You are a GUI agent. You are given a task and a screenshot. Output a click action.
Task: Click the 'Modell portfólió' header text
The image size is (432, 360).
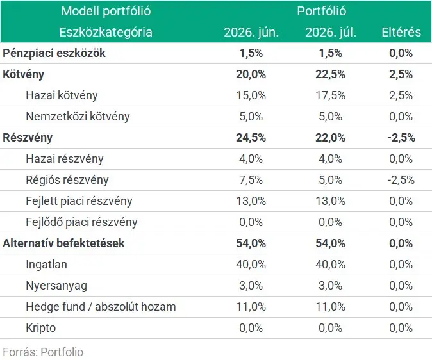point(106,11)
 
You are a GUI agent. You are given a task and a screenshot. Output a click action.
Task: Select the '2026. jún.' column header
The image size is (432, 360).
point(251,32)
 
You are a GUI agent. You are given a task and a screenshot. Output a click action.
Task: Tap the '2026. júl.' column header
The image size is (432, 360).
point(331,32)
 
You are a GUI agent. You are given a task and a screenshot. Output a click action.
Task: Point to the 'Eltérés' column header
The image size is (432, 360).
point(401,32)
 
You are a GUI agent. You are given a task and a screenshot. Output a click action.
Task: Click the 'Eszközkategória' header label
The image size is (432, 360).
point(106,32)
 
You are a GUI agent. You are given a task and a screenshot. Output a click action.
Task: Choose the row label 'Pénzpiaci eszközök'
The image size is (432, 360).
point(54,53)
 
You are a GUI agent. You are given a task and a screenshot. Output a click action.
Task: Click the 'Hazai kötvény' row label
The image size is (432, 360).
point(62,95)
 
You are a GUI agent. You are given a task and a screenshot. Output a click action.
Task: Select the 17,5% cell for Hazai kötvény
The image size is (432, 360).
point(330,95)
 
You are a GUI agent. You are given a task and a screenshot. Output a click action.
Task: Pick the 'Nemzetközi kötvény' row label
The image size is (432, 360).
point(78,117)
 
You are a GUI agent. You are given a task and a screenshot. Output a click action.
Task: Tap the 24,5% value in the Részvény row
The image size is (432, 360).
point(251,138)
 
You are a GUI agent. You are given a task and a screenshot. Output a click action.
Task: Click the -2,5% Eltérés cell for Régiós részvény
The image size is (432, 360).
point(401,180)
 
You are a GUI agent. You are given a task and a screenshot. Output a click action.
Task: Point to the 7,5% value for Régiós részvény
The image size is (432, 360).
point(251,180)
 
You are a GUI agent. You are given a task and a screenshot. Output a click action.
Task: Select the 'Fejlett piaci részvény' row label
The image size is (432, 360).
point(79,201)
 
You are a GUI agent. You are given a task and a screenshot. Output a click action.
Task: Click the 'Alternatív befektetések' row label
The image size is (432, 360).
point(63,243)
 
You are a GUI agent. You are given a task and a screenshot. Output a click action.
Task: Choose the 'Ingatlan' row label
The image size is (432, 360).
point(46,265)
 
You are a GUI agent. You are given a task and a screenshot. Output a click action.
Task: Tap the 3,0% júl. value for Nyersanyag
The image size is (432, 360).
point(330,286)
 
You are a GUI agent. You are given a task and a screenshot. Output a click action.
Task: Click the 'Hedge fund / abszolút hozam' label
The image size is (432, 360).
point(101,307)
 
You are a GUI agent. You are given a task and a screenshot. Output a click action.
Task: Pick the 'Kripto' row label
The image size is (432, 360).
point(41,328)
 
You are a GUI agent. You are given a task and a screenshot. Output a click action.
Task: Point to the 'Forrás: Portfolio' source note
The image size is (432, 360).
point(43,352)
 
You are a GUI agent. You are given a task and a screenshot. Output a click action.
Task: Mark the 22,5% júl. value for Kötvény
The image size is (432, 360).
point(330,74)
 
